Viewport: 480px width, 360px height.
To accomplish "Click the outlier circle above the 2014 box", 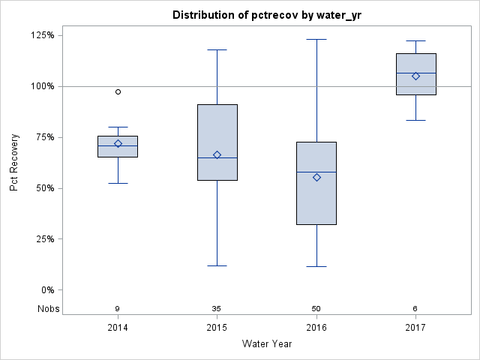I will click(118, 91).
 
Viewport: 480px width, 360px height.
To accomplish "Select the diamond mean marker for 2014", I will click(118, 143).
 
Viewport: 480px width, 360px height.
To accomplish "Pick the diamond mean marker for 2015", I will click(217, 154).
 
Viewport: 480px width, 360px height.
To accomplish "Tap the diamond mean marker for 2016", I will click(316, 177).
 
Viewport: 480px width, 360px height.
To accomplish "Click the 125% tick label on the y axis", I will click(42, 35).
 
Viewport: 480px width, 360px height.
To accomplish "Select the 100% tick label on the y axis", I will click(42, 86).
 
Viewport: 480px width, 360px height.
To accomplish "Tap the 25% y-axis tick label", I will click(44, 239).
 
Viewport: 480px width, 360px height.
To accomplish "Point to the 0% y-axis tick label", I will click(47, 290).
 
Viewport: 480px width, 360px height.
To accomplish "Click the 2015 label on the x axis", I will click(217, 328).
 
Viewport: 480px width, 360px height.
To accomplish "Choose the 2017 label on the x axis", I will click(415, 328).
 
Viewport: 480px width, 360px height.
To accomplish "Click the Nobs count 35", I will click(217, 308).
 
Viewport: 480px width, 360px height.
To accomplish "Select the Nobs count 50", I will click(316, 308).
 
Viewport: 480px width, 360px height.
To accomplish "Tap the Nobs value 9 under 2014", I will click(118, 308).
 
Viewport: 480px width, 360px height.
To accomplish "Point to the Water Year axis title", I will click(267, 344).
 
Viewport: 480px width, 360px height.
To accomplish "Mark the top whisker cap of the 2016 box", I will click(316, 39).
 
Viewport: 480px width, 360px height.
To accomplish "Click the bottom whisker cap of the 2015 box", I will click(217, 265).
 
